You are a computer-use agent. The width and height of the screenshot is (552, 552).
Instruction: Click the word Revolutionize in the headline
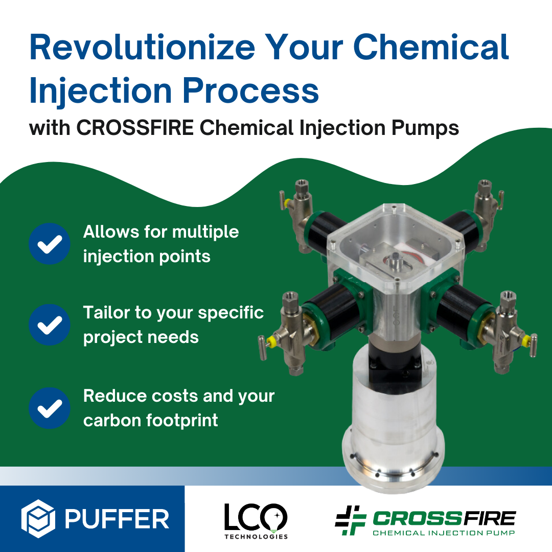(x=142, y=47)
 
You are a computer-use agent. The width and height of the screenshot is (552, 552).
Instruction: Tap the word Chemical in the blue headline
(x=431, y=47)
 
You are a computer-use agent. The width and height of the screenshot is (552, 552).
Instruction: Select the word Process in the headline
(x=250, y=90)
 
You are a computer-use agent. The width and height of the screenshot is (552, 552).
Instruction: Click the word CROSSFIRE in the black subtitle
(x=135, y=127)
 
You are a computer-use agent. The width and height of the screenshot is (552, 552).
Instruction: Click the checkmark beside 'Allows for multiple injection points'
(x=50, y=244)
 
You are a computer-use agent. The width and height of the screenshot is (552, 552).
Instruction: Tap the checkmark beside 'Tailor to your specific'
(x=50, y=325)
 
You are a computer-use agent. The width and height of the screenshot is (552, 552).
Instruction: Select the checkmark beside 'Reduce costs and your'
(x=50, y=408)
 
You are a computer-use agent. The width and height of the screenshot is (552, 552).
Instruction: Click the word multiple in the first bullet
(x=205, y=233)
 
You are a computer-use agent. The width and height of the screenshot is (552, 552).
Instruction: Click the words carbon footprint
(x=151, y=421)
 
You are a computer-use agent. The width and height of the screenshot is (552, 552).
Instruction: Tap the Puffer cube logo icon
(x=38, y=519)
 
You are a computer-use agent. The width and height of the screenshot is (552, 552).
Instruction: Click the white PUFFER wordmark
(x=117, y=519)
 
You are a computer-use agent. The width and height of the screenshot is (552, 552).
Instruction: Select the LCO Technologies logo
(x=256, y=521)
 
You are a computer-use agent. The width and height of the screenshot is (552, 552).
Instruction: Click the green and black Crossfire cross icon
(x=351, y=520)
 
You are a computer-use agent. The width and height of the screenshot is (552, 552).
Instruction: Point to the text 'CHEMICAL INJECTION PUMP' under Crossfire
(x=444, y=533)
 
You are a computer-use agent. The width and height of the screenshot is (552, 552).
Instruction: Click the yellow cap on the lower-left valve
(x=271, y=340)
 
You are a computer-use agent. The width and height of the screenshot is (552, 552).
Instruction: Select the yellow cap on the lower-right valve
(x=525, y=340)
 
